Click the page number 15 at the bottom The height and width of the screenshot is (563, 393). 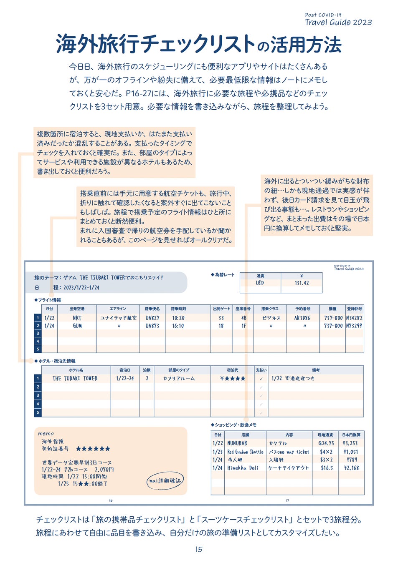pos(199,549)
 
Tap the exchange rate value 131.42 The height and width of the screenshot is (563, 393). pos(302,283)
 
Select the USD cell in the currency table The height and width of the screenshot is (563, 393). pos(260,283)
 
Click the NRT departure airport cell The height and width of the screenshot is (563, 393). pos(77,318)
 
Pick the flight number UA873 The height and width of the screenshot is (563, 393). pos(152,326)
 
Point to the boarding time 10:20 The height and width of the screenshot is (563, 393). pos(178,318)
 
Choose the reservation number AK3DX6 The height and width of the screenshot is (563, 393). pos(302,318)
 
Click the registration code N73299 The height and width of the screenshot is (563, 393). pos(354,326)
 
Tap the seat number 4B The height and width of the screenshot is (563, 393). pos(243,318)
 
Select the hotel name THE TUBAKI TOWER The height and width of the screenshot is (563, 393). pos(75,379)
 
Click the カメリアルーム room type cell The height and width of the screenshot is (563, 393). pos(179,379)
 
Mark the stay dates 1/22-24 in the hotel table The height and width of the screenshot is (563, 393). pos(125,379)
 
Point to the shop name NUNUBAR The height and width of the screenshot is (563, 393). pos(237,443)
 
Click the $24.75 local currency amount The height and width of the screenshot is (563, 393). pos(326,443)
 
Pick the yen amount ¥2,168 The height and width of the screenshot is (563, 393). pos(351,468)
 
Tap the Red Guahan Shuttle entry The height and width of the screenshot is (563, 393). pos(245,452)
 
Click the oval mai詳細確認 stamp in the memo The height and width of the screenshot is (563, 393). pos(165,481)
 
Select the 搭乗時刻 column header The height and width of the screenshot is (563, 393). pos(178,309)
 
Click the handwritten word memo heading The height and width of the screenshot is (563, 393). pos(46,434)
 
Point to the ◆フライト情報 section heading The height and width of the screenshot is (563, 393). pos(48,300)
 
